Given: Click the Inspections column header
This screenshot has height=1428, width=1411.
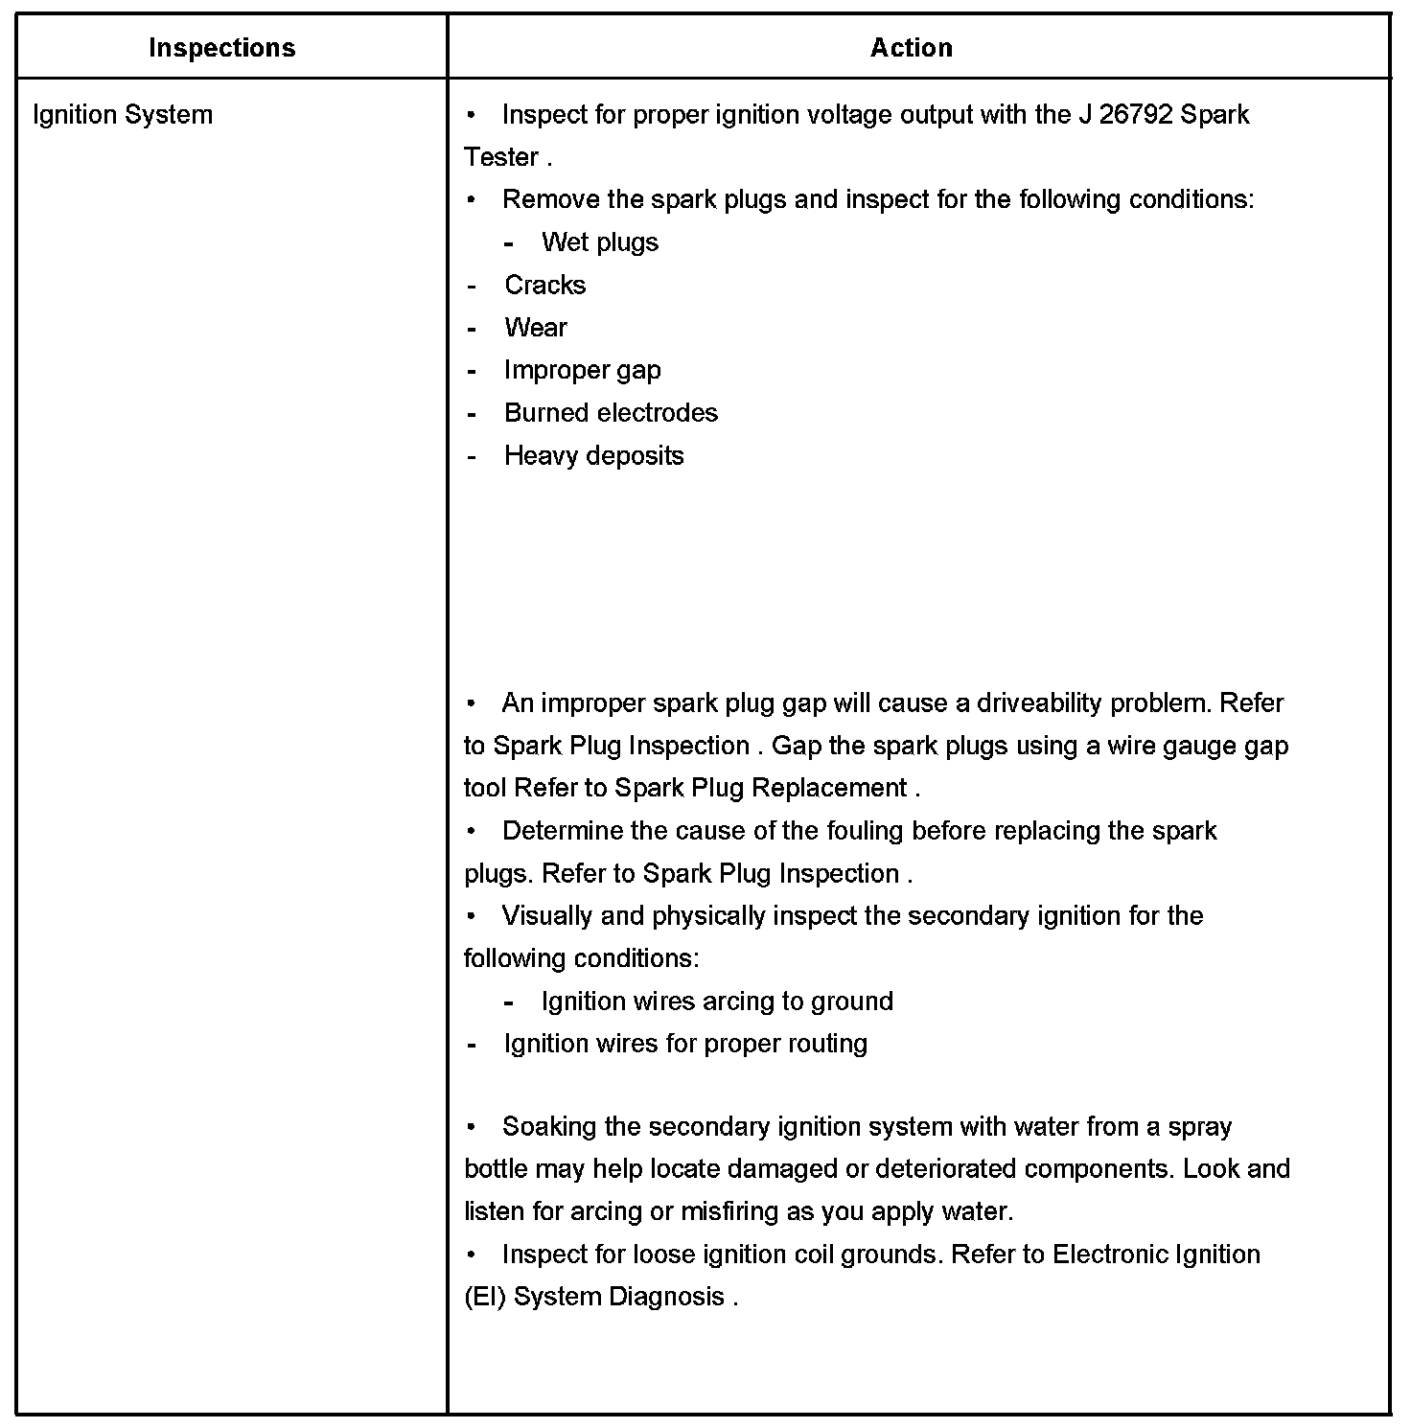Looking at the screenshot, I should [221, 48].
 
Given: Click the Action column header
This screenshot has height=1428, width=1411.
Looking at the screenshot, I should [911, 48].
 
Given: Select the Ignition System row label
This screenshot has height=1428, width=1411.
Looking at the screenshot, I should [123, 115].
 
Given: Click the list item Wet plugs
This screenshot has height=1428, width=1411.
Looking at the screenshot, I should [600, 242].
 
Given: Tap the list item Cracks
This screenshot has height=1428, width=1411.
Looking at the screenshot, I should [544, 286].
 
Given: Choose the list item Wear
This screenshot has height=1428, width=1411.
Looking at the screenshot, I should [535, 328].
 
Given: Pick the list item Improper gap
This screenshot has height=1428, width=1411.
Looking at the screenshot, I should [582, 371].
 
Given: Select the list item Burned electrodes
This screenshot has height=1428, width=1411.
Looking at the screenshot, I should [611, 413].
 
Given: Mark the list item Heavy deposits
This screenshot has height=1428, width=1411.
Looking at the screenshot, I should [593, 456].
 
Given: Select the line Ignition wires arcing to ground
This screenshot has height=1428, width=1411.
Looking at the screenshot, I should [716, 1002].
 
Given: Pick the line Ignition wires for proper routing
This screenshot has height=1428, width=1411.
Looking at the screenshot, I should [685, 1044].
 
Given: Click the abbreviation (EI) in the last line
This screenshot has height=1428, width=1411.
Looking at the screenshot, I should [485, 1298].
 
